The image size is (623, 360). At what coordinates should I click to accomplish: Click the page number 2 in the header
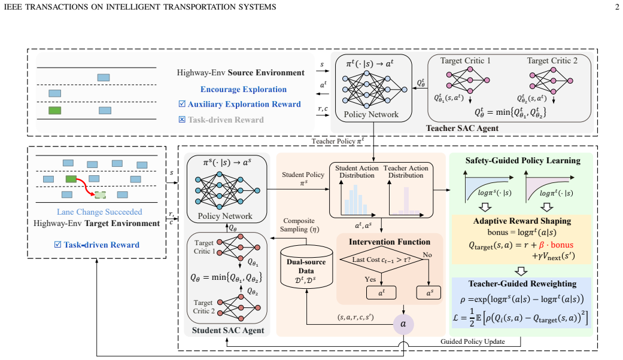(617, 7)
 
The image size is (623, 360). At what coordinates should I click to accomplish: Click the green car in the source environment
(54, 111)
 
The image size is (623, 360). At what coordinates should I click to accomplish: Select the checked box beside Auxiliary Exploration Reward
(182, 104)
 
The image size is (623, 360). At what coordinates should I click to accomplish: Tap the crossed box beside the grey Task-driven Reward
(182, 120)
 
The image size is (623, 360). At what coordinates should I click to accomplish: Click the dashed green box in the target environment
(100, 194)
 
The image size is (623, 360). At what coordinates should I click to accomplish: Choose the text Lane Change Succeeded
(99, 212)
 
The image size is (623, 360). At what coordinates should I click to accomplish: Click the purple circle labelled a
(403, 324)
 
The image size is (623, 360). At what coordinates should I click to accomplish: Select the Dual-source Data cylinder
(306, 267)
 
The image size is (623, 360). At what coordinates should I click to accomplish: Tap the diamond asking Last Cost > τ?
(381, 260)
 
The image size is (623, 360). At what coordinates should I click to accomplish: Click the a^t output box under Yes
(381, 292)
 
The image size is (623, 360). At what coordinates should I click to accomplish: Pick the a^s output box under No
(428, 292)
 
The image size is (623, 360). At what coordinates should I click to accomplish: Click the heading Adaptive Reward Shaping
(522, 221)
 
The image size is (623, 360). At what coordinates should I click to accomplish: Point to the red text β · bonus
(556, 245)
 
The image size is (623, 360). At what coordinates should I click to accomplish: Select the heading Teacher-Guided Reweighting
(522, 283)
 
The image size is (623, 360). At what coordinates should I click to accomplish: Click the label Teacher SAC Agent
(462, 128)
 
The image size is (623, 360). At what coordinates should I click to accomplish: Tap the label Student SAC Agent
(228, 330)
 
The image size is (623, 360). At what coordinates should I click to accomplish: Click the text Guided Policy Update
(472, 341)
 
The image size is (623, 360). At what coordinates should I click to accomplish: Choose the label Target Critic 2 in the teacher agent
(552, 61)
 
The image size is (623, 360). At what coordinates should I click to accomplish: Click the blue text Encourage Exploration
(244, 89)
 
